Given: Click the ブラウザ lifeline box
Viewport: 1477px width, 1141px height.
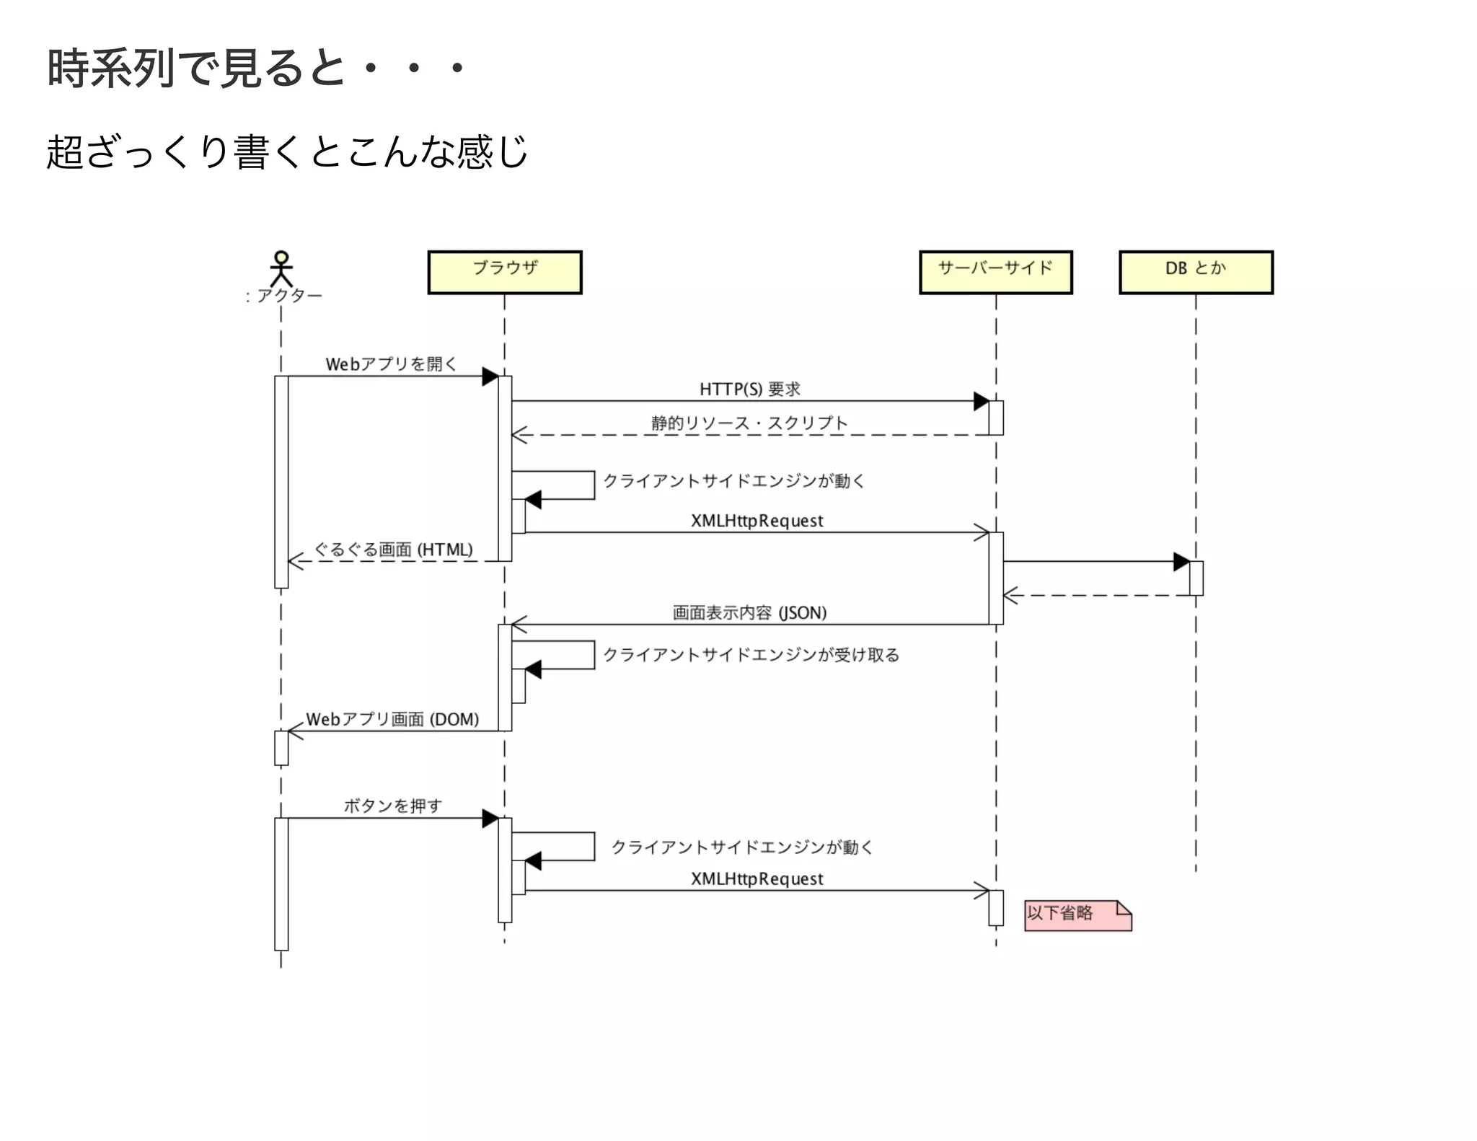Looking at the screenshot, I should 504,272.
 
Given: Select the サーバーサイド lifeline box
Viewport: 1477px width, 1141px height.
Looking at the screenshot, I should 995,272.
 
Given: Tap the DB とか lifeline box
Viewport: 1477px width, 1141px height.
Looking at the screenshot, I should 1196,272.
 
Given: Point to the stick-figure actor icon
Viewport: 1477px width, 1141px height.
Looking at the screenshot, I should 281,268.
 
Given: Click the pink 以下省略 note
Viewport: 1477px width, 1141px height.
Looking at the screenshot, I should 1077,915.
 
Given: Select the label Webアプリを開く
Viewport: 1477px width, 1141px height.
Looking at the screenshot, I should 391,364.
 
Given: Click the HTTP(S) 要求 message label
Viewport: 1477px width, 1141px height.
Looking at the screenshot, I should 750,389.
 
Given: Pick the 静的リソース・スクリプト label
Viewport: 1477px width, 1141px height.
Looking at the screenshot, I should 749,423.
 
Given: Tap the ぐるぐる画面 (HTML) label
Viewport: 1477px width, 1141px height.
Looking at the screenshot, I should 394,550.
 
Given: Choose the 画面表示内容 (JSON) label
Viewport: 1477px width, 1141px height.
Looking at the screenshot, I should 749,612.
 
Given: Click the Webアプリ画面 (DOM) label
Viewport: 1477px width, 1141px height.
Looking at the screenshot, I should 392,719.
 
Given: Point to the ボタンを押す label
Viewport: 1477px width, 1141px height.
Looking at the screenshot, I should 392,806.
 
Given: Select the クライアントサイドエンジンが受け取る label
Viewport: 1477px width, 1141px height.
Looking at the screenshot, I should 751,655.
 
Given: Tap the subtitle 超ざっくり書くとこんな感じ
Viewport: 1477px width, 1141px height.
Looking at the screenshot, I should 287,152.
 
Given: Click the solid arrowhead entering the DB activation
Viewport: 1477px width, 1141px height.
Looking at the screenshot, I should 1181,561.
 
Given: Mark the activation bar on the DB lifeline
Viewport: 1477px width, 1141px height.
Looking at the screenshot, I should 1196,578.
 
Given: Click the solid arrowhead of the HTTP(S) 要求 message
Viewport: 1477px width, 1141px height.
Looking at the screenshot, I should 981,401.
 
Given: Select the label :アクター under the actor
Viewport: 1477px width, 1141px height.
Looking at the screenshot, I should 283,296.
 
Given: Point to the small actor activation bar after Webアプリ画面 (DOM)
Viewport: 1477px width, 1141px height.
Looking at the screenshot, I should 281,748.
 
